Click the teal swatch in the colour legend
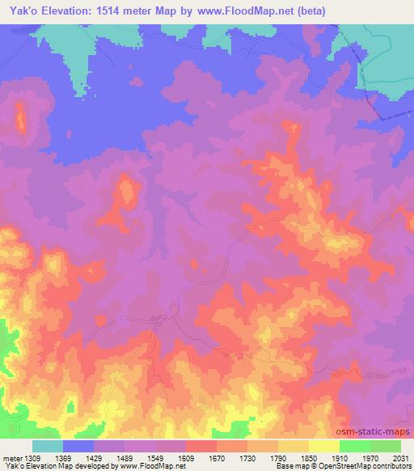(48, 446)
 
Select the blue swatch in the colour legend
(78, 446)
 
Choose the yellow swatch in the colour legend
(324, 446)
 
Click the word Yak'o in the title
(20, 11)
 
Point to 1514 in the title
(121, 11)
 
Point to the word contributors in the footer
(391, 466)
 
